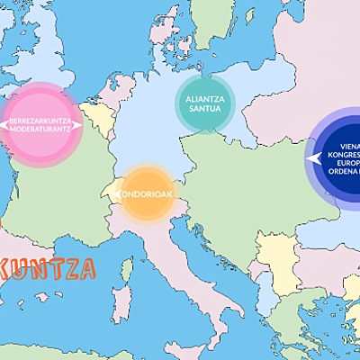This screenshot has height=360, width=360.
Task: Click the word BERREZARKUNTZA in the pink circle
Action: point(41,120)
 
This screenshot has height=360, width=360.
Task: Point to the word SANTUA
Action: point(205,109)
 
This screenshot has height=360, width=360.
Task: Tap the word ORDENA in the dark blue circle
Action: point(346,176)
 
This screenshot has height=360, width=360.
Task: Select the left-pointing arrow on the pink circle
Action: point(4,125)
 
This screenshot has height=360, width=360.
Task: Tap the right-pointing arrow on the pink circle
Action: point(78,125)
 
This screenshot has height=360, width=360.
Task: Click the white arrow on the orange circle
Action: point(116,191)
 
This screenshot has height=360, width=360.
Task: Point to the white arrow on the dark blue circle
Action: point(314,159)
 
